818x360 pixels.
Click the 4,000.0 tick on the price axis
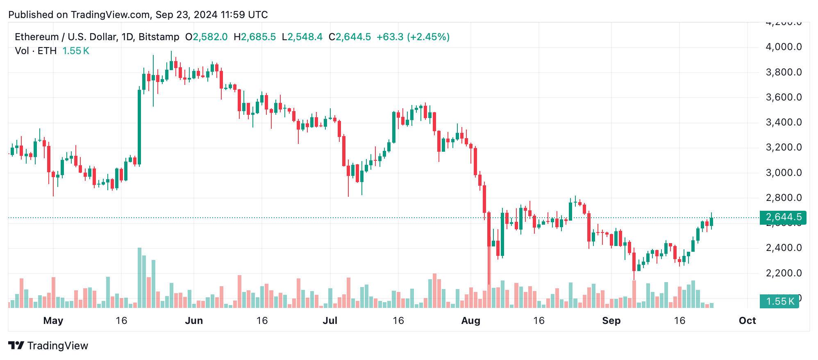[x=783, y=47]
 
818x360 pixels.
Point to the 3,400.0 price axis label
[x=783, y=122]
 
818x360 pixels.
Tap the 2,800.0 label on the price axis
[x=783, y=198]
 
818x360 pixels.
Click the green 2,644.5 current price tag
[x=783, y=217]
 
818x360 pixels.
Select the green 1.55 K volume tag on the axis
[x=779, y=301]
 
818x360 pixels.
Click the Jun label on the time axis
[x=194, y=321]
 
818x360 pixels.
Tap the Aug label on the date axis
[x=470, y=321]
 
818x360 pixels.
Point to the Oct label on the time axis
[x=747, y=321]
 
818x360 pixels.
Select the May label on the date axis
[x=53, y=321]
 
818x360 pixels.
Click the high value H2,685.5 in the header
[x=254, y=37]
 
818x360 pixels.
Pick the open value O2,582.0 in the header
[x=206, y=37]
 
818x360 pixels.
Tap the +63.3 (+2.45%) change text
[x=413, y=37]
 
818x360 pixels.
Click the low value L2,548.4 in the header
[x=302, y=37]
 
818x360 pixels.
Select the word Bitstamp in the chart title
[x=159, y=37]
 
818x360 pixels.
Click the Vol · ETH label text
[x=36, y=51]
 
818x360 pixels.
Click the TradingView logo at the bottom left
[x=48, y=346]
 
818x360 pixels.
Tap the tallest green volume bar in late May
[x=139, y=278]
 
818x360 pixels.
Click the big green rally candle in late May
[x=139, y=127]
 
